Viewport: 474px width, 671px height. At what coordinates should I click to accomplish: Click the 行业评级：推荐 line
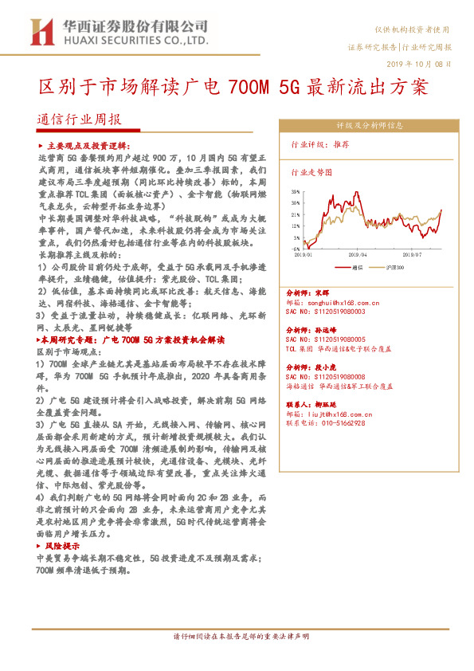click(x=320, y=145)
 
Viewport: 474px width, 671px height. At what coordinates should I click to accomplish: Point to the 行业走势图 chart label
click(x=311, y=171)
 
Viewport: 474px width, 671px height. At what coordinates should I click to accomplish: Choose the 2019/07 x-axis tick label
click(x=412, y=255)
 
